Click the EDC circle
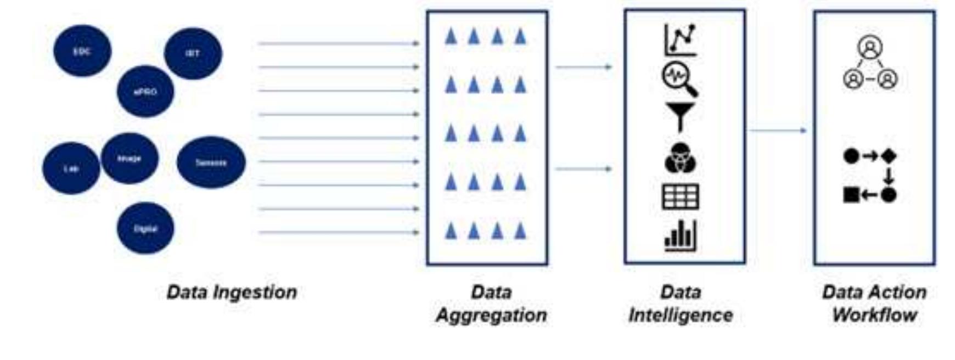click(82, 51)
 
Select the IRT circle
click(193, 53)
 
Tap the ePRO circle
click(145, 92)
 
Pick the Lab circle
click(71, 168)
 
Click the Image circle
click(130, 159)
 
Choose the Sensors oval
click(211, 162)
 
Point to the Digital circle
click(145, 228)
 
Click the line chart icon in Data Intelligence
click(681, 40)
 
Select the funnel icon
click(680, 117)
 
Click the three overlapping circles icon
click(680, 158)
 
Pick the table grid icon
click(681, 196)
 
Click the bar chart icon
click(681, 236)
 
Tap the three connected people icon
click(870, 63)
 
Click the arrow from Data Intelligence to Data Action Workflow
click(778, 131)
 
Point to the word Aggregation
click(491, 316)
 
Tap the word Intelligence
click(681, 316)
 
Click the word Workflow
click(874, 316)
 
